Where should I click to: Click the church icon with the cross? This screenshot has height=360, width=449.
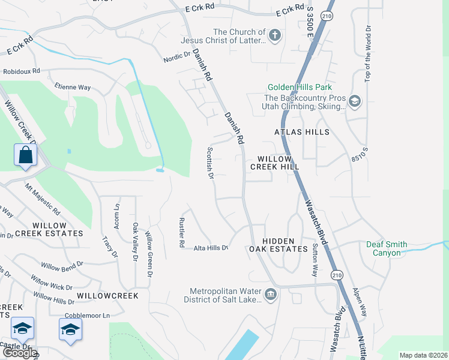click(x=275, y=35)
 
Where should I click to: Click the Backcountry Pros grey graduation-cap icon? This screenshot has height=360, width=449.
click(x=354, y=101)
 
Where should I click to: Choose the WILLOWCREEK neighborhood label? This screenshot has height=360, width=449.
click(x=107, y=296)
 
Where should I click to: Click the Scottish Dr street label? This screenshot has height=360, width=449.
click(x=210, y=163)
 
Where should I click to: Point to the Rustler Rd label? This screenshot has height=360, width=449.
click(x=181, y=233)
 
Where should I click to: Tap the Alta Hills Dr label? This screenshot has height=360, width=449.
click(x=211, y=247)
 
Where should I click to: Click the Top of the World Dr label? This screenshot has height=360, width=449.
click(x=368, y=56)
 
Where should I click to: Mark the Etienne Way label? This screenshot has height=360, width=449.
click(x=73, y=87)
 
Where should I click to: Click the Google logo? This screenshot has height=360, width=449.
click(x=19, y=353)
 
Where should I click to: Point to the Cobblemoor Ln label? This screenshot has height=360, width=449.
click(x=89, y=316)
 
